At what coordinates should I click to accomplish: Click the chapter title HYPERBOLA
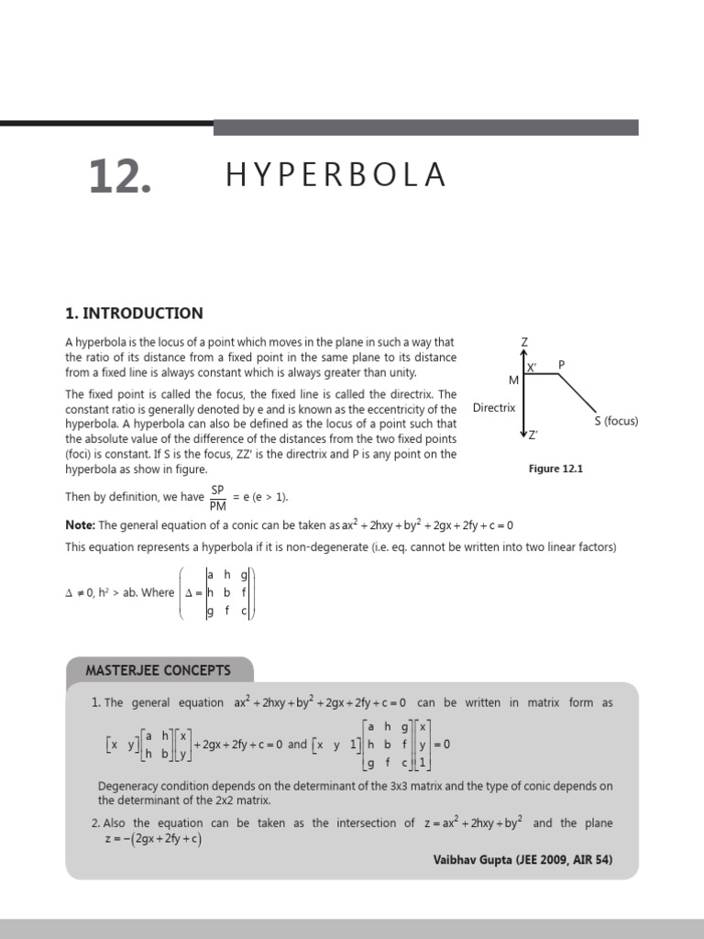click(335, 174)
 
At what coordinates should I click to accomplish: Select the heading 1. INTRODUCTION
click(134, 313)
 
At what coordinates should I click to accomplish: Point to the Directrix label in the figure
click(494, 407)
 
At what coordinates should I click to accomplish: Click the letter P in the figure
click(562, 364)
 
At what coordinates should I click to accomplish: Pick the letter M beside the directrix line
click(513, 380)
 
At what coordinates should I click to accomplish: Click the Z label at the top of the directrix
click(524, 342)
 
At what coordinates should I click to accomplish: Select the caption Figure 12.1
click(555, 469)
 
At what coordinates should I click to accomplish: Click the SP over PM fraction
click(218, 497)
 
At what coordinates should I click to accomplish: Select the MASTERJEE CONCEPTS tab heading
click(158, 670)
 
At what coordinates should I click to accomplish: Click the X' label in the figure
click(532, 367)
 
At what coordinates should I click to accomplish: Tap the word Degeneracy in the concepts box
click(131, 786)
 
